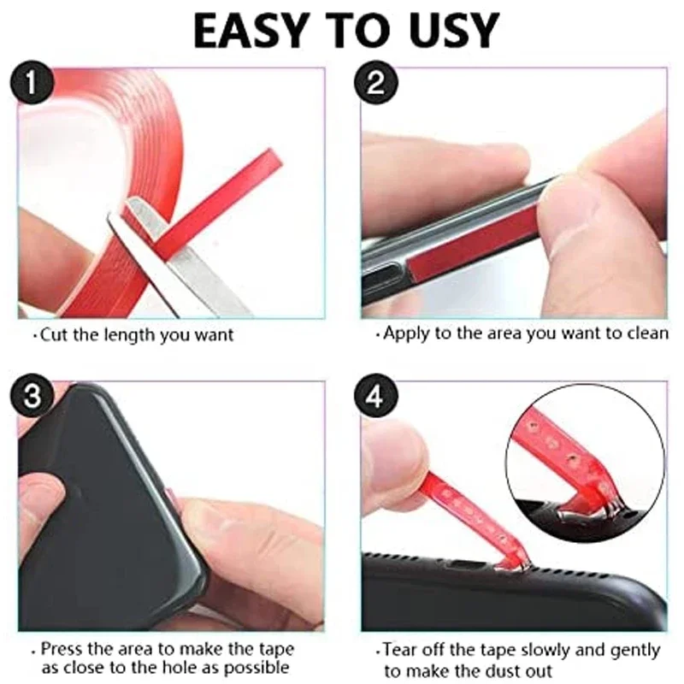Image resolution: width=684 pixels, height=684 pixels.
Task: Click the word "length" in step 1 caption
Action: [123, 335]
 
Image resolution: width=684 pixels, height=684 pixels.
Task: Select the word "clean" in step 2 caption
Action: [649, 333]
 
